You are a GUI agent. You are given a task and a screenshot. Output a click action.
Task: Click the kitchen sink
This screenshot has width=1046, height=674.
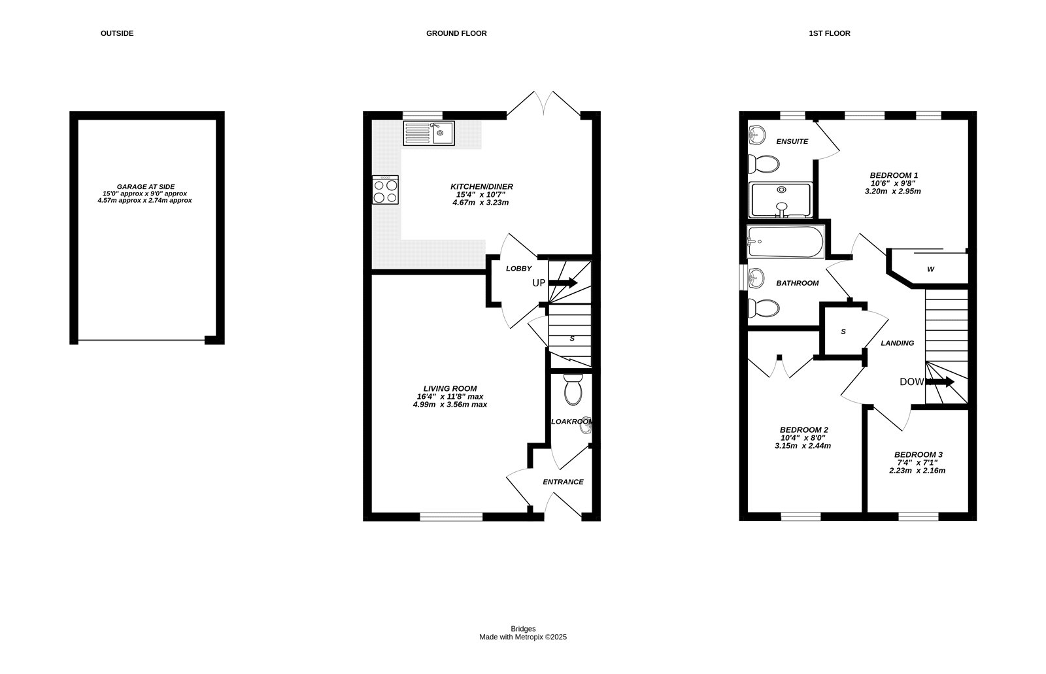[429, 133]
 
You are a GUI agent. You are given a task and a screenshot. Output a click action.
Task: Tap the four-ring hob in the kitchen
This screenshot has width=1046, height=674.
[385, 190]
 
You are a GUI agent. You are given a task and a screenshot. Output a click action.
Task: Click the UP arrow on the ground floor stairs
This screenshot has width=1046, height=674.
[563, 282]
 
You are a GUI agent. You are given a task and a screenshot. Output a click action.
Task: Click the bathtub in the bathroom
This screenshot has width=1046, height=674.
[785, 241]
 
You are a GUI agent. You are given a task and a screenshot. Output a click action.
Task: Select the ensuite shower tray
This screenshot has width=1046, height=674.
[781, 200]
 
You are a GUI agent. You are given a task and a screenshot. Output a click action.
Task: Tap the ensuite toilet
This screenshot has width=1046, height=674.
[764, 164]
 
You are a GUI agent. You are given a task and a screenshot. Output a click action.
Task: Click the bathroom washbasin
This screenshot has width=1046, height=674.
[756, 278]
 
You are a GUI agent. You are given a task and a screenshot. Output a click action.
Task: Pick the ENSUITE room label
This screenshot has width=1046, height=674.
[792, 141]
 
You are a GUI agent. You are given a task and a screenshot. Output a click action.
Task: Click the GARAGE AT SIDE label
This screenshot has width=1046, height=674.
[146, 187]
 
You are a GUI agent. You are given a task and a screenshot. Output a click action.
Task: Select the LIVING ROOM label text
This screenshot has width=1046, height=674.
[450, 388]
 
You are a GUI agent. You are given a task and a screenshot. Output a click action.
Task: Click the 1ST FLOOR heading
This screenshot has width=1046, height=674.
[830, 33]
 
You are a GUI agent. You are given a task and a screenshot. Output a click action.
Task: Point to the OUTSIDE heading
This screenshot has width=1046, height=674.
[117, 33]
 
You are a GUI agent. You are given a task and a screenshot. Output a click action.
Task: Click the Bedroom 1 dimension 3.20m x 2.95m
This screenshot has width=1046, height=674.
[893, 191]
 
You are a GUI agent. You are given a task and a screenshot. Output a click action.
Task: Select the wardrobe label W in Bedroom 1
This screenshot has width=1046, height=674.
[931, 269]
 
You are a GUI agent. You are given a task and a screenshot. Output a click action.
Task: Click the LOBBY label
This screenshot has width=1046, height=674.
[519, 269]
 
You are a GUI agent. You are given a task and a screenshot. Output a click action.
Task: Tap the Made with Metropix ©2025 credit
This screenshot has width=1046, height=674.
[523, 637]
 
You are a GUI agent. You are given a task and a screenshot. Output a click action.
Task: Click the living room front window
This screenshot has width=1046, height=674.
[451, 516]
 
